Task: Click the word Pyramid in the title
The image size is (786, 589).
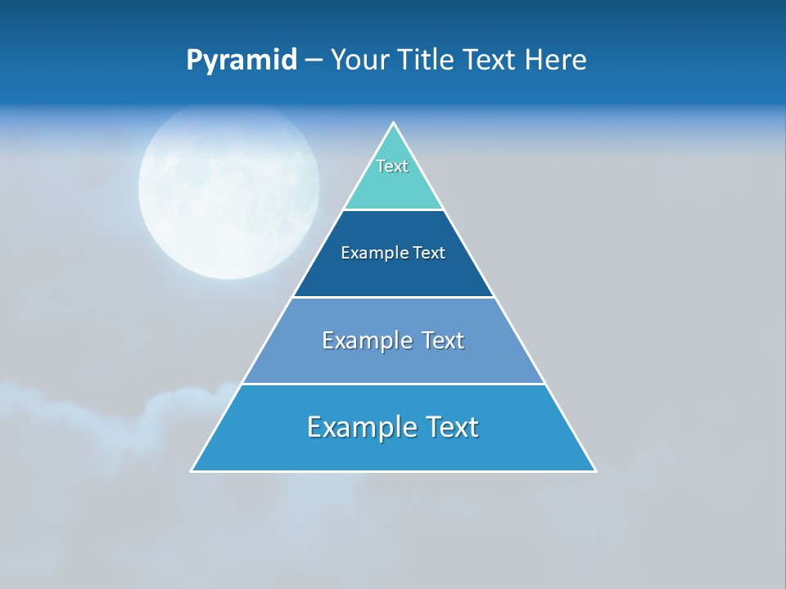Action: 242,61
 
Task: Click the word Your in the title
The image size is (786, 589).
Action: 360,61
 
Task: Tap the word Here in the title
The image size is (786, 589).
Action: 555,61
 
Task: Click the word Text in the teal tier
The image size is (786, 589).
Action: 392,166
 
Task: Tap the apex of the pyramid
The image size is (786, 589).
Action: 394,124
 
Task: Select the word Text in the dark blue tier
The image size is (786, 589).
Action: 429,254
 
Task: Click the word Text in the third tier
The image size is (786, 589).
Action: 443,340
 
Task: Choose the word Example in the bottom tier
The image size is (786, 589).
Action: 360,427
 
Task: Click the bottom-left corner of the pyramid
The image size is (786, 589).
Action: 192,470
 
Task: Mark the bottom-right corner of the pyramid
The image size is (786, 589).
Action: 594,470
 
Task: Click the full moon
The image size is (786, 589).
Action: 228,190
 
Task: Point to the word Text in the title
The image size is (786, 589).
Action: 490,61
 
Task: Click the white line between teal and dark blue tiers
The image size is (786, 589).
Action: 394,209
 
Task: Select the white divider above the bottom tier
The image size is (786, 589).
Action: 394,384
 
